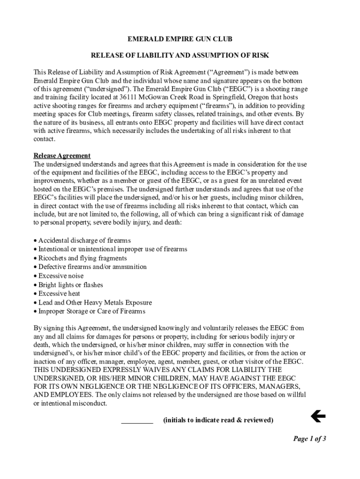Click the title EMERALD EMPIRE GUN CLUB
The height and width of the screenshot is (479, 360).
click(x=180, y=39)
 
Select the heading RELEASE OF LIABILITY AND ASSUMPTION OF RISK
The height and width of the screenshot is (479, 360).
click(x=180, y=56)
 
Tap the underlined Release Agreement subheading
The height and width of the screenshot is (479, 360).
click(x=62, y=156)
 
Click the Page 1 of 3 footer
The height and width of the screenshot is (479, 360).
click(x=309, y=439)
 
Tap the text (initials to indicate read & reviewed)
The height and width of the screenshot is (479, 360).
click(x=218, y=420)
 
